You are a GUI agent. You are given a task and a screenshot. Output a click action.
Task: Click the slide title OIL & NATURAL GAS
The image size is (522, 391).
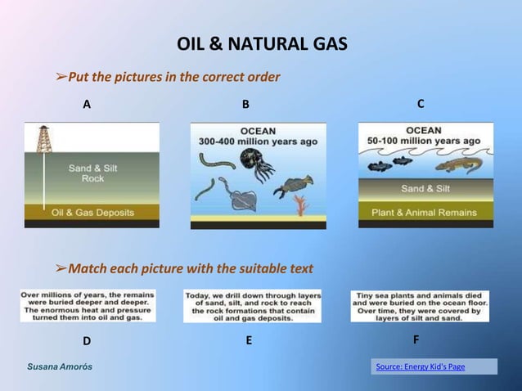[x=262, y=43]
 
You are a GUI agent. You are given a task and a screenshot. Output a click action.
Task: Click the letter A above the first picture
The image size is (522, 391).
[x=87, y=105]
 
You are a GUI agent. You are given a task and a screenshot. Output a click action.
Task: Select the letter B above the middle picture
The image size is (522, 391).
[x=245, y=105]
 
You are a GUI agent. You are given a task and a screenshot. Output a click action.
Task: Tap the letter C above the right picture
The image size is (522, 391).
[x=421, y=104]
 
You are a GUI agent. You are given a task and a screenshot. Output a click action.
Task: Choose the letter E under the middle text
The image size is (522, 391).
[x=249, y=340]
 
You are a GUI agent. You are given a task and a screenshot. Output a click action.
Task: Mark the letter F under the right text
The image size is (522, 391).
[x=416, y=339]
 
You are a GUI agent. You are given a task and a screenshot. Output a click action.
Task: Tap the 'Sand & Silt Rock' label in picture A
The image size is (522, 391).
[x=92, y=173]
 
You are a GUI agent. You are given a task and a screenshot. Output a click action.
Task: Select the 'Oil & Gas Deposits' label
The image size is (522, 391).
[x=92, y=212]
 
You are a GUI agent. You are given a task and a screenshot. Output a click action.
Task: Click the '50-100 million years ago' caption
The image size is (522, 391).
[x=425, y=141]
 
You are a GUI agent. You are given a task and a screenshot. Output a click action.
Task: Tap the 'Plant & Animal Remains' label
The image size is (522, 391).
[x=425, y=213]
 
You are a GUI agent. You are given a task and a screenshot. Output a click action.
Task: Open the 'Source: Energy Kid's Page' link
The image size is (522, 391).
[x=421, y=366]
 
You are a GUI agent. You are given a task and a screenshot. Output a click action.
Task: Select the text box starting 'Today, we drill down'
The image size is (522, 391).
[x=252, y=306]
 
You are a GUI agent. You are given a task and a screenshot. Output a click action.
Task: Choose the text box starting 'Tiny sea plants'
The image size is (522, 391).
[x=420, y=306]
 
